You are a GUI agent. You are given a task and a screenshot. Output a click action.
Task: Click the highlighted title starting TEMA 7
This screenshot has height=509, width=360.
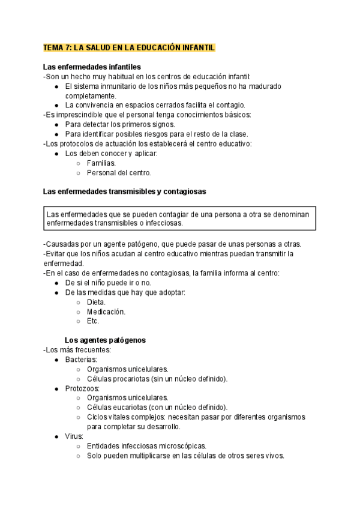tap(129, 47)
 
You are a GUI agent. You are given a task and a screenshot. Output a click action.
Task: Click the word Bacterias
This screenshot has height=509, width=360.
tap(81, 359)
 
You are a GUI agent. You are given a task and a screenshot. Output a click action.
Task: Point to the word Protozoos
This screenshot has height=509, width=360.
tap(82, 388)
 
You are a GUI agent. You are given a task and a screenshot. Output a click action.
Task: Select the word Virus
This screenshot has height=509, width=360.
tap(75, 436)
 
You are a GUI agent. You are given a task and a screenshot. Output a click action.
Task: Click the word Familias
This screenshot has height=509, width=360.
tap(101, 163)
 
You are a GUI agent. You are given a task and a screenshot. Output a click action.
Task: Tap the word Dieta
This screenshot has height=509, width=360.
tap(96, 302)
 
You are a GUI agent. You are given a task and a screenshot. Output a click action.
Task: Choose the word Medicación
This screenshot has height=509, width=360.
tap(106, 312)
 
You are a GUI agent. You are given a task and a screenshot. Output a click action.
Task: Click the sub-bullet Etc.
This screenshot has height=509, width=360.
tap(93, 321)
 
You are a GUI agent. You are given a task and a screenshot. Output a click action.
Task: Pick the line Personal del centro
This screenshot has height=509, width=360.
tap(119, 172)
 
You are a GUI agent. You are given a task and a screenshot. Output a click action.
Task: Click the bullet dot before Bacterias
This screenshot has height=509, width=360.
tap(56, 359)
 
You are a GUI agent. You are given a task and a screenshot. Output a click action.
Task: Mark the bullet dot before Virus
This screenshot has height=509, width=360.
tap(56, 436)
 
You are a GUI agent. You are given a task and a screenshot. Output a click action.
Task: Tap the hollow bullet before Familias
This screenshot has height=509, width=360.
tap(78, 163)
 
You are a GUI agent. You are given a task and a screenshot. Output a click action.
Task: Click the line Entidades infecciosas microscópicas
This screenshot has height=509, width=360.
tap(146, 446)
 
